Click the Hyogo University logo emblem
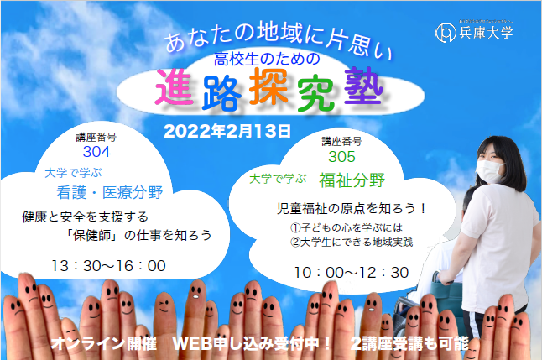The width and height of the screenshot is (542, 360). [446, 33]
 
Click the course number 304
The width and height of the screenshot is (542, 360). [96, 152]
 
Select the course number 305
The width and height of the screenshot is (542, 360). [341, 157]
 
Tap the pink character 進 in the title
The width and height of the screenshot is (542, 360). [174, 87]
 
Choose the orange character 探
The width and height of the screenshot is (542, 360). [268, 86]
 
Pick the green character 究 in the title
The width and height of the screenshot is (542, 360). [316, 94]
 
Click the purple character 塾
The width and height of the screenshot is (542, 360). [364, 86]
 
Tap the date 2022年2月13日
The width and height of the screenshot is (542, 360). [227, 132]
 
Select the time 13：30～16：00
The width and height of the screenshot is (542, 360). [108, 266]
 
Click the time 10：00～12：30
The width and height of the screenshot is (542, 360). [352, 273]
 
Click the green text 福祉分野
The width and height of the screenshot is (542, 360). [352, 180]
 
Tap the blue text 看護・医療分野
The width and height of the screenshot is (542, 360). [110, 193]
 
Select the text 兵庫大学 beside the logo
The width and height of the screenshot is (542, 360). [486, 33]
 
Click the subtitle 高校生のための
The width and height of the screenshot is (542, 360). [267, 59]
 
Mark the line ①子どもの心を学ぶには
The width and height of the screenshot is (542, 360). [347, 227]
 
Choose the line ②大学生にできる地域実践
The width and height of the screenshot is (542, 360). [352, 242]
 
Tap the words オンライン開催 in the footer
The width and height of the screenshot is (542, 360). [104, 343]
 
